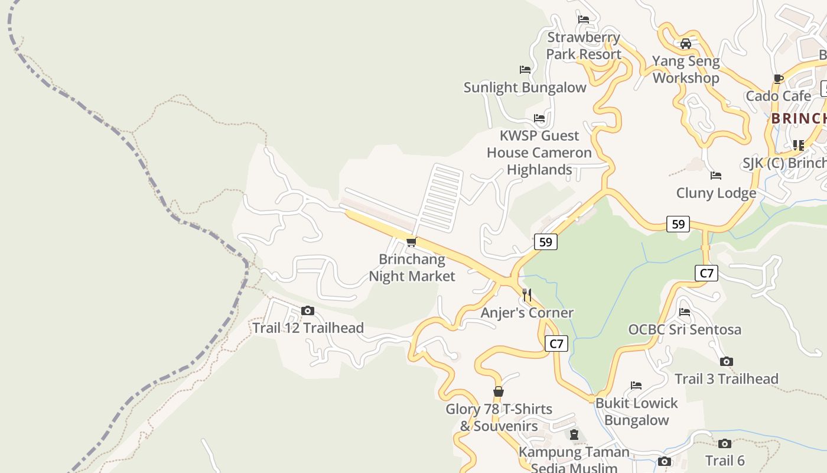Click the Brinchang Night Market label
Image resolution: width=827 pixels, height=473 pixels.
pyautogui.click(x=412, y=268)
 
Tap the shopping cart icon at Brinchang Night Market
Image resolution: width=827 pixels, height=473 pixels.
pyautogui.click(x=411, y=242)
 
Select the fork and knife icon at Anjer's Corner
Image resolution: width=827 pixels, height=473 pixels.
pyautogui.click(x=527, y=294)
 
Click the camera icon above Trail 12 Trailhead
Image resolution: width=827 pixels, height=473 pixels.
pyautogui.click(x=307, y=310)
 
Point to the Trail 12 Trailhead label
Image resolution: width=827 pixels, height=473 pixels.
pyautogui.click(x=308, y=328)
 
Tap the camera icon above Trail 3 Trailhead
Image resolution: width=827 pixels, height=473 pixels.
pyautogui.click(x=727, y=361)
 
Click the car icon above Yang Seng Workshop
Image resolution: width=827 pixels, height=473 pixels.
pyautogui.click(x=686, y=43)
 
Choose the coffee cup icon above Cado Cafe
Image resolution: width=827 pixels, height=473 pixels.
pyautogui.click(x=778, y=79)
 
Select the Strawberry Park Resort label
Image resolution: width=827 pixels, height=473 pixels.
pyautogui.click(x=584, y=46)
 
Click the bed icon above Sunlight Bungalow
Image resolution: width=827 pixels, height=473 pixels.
pyautogui.click(x=525, y=69)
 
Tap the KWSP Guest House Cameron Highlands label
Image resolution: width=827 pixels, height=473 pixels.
pyautogui.click(x=539, y=153)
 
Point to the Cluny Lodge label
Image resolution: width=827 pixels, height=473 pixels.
pyautogui.click(x=716, y=193)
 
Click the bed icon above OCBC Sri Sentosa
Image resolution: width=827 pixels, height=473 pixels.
pyautogui.click(x=685, y=312)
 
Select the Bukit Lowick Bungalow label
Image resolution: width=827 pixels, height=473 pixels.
pyautogui.click(x=636, y=412)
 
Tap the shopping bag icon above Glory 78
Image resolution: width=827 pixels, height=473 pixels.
pyautogui.click(x=499, y=391)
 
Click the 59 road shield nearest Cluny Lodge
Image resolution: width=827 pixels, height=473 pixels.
pyautogui.click(x=678, y=224)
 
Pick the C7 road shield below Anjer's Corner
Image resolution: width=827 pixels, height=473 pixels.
pyautogui.click(x=556, y=344)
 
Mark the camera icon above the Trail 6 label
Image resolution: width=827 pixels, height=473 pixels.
pyautogui.click(x=725, y=443)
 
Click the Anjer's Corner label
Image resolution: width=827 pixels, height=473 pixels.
pyautogui.click(x=527, y=313)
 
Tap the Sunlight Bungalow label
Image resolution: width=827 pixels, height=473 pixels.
pyautogui.click(x=525, y=88)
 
